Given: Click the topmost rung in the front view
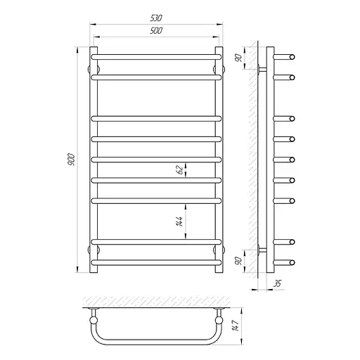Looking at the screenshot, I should pyautogui.click(x=157, y=55).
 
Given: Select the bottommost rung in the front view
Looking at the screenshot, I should pyautogui.click(x=157, y=262).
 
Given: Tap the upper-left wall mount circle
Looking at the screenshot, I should pyautogui.click(x=95, y=69).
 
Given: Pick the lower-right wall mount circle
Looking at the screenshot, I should pyautogui.click(x=218, y=249).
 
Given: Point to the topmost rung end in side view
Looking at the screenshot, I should pyautogui.click(x=290, y=55).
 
